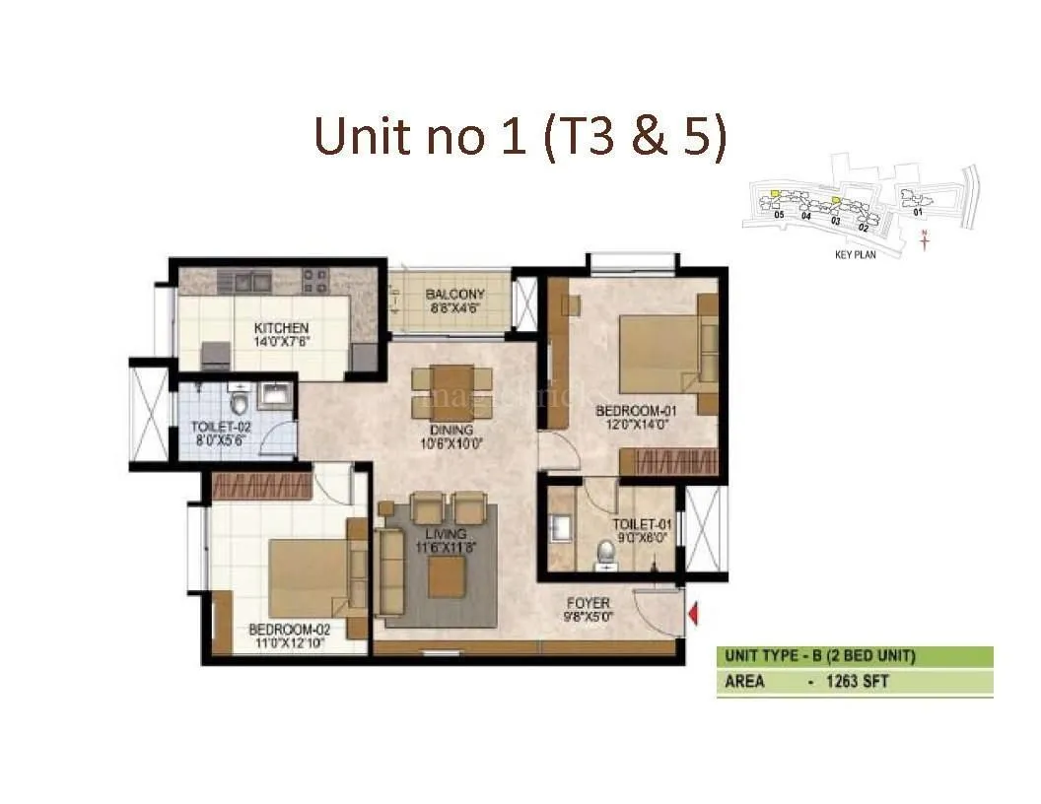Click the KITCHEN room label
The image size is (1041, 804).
(281, 328)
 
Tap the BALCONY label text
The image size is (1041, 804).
(454, 295)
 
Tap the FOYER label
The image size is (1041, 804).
(588, 603)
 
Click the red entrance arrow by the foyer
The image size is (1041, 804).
(693, 615)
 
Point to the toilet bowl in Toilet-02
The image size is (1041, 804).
(240, 403)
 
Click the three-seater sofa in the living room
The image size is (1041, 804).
(390, 572)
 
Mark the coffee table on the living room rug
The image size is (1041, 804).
(446, 582)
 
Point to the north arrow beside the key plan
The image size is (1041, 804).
(924, 239)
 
